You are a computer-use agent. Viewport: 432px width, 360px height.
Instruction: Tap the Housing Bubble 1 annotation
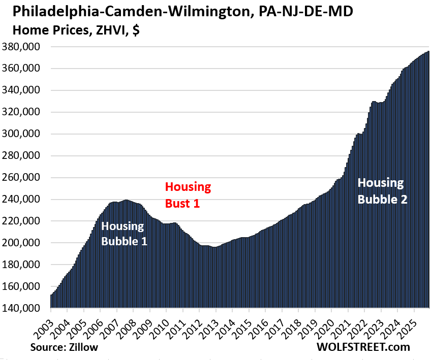pos(124,234)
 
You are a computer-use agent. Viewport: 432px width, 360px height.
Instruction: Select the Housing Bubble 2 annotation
pos(382,190)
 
